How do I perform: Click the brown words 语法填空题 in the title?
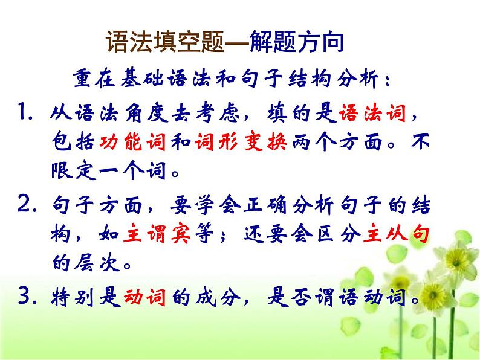(x=165, y=42)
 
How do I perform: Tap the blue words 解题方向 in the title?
(x=296, y=42)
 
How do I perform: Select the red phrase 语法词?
(x=372, y=113)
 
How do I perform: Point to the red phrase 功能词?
(x=132, y=141)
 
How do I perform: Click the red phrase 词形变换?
(x=241, y=141)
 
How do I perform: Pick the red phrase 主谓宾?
(x=157, y=234)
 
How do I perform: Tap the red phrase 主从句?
(x=397, y=234)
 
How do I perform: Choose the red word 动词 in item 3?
(x=145, y=297)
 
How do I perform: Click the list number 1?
(x=25, y=112)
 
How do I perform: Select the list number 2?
(x=27, y=204)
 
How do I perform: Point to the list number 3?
(x=27, y=296)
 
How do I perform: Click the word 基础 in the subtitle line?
(x=141, y=79)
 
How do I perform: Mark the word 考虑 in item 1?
(x=218, y=113)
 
